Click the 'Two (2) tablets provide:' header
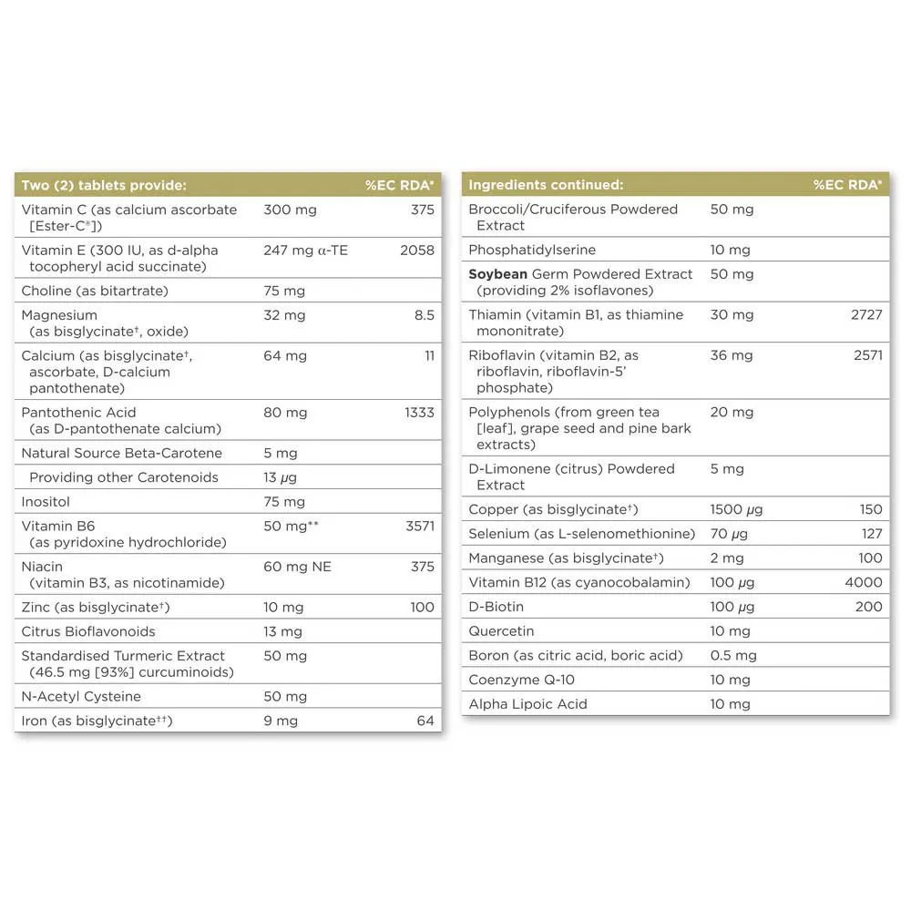point(103,185)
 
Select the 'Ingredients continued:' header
point(546,185)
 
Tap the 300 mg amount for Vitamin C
point(290,210)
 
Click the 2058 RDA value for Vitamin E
point(417,250)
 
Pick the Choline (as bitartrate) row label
point(95,291)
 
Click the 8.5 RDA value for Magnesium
point(424,315)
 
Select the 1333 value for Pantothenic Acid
point(419,413)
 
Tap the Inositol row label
point(46,502)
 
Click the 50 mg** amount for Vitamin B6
point(295,526)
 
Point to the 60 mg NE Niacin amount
point(297,567)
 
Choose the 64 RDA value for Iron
point(425,721)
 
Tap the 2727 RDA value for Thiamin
point(867,314)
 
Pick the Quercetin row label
point(501,631)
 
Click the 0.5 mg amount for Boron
point(733,655)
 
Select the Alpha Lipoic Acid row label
point(527,704)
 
